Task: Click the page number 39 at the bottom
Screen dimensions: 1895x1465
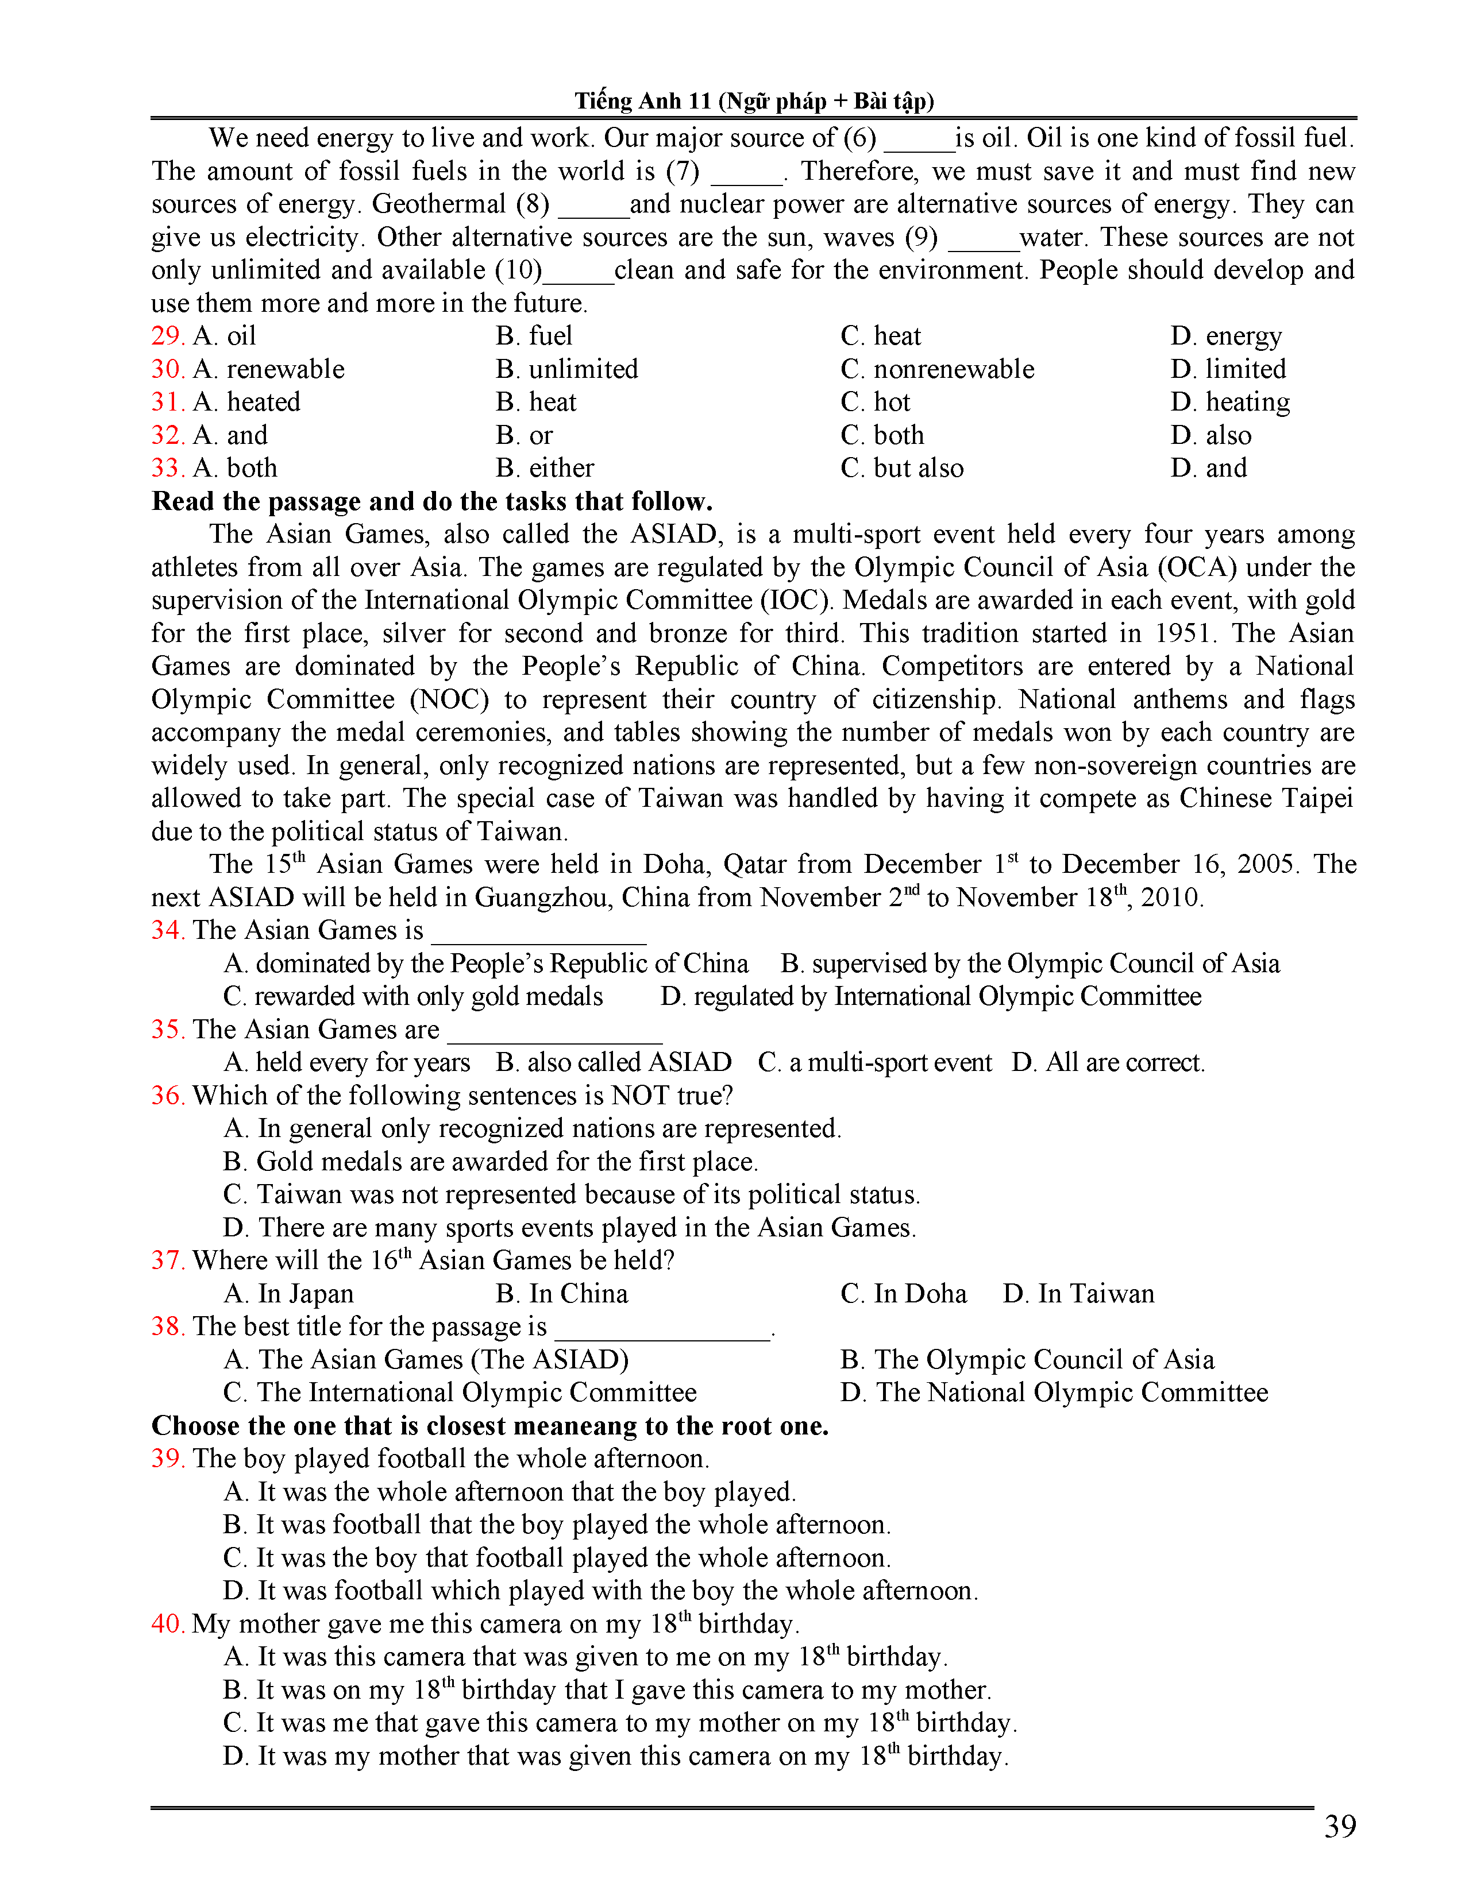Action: tap(1339, 1827)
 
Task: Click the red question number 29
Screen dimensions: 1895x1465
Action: tap(167, 336)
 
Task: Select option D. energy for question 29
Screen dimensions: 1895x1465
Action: tap(1225, 336)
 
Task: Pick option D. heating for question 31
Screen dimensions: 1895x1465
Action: tap(1230, 403)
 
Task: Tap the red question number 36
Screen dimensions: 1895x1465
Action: tap(167, 1096)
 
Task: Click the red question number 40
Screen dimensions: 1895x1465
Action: tap(167, 1623)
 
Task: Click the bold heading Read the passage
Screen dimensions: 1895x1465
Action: tap(431, 501)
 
